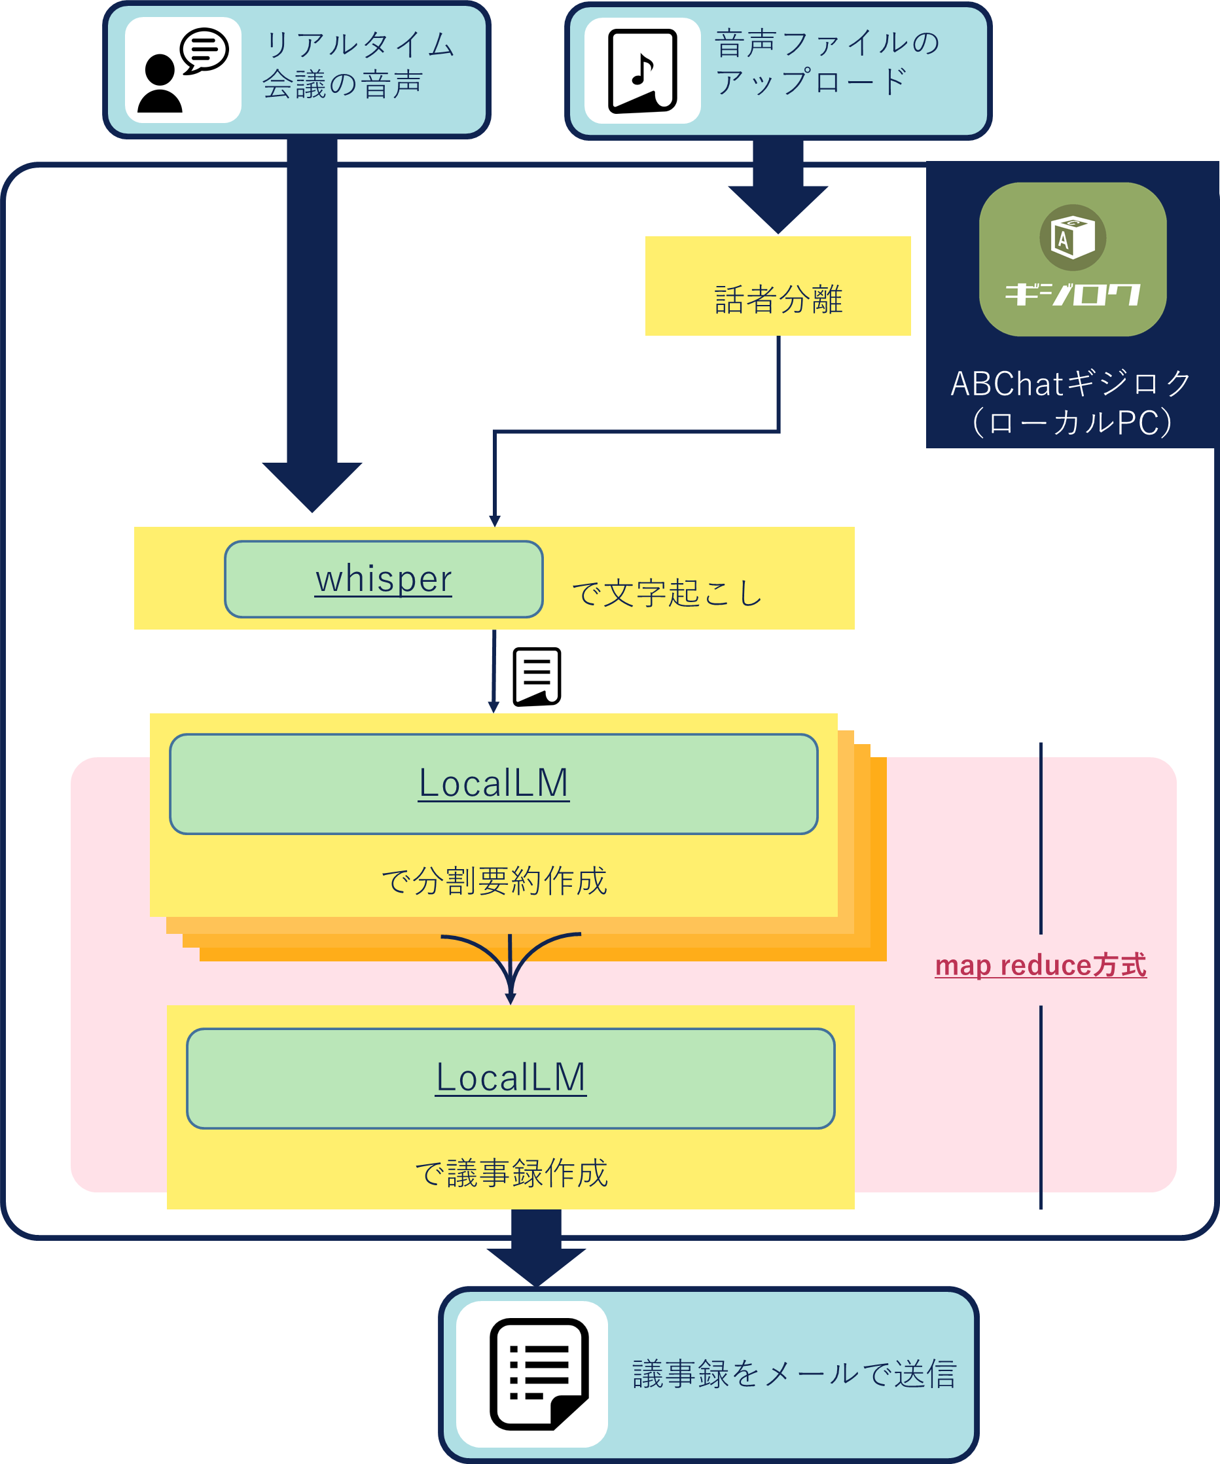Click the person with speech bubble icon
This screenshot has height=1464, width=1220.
(183, 71)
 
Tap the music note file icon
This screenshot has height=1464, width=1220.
(642, 71)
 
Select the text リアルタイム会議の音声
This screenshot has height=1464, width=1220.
(359, 65)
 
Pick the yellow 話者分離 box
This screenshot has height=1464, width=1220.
(778, 287)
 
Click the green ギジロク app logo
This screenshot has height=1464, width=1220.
(1072, 259)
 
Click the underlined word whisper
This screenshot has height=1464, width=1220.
(384, 579)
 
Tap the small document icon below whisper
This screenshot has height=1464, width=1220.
(537, 677)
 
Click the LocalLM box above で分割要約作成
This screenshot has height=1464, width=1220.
(493, 783)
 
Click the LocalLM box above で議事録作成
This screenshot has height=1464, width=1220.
(511, 1078)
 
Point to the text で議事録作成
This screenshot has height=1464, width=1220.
(511, 1173)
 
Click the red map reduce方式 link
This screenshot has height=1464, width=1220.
(1040, 965)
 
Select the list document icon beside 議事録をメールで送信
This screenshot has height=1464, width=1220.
(538, 1374)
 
